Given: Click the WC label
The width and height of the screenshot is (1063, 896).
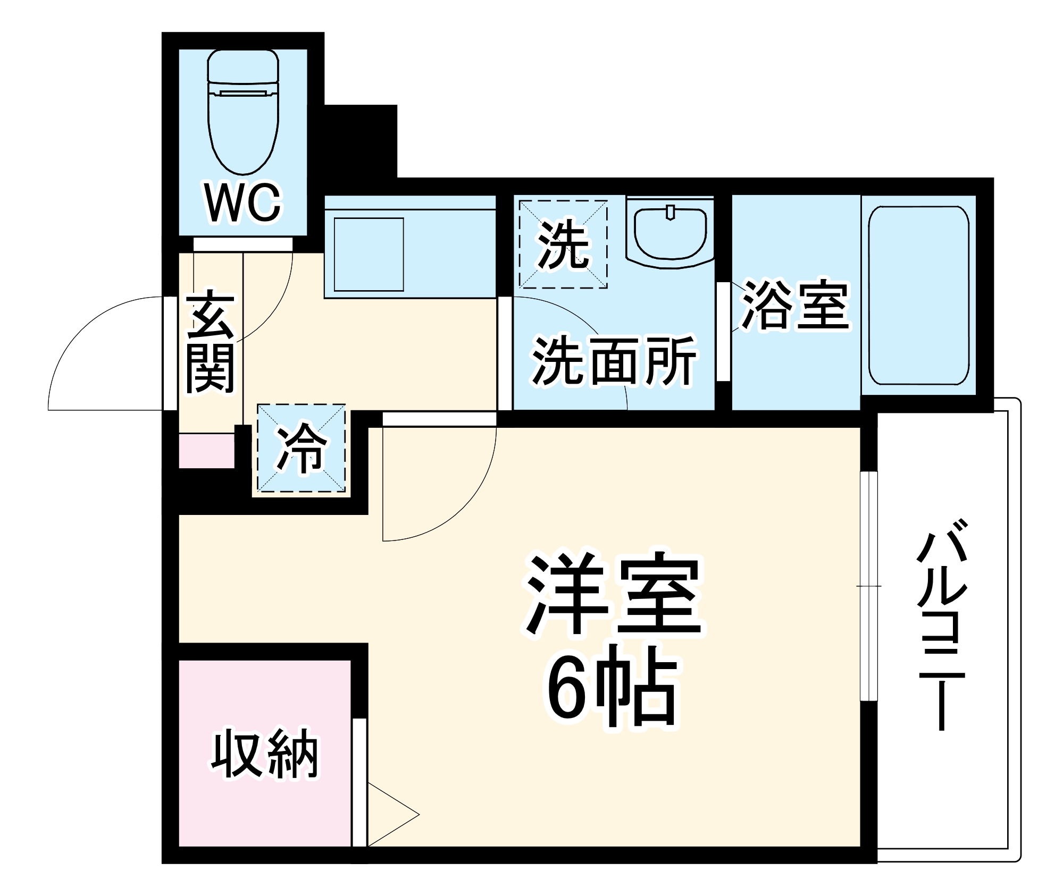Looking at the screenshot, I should tap(243, 203).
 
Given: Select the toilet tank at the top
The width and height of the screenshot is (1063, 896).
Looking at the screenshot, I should tap(244, 66).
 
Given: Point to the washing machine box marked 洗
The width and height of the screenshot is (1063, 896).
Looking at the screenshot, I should tap(563, 244).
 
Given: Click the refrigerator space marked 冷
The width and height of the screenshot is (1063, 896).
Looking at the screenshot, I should tap(302, 447).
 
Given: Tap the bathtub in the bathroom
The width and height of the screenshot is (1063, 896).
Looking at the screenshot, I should tap(918, 295).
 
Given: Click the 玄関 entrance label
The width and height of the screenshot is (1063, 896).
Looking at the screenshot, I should tap(210, 342).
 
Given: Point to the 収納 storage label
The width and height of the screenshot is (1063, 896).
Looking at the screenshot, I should tap(264, 755).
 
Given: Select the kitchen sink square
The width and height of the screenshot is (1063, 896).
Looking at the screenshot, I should tap(369, 255).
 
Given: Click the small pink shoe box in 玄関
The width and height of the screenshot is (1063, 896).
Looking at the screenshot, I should tap(206, 451).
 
